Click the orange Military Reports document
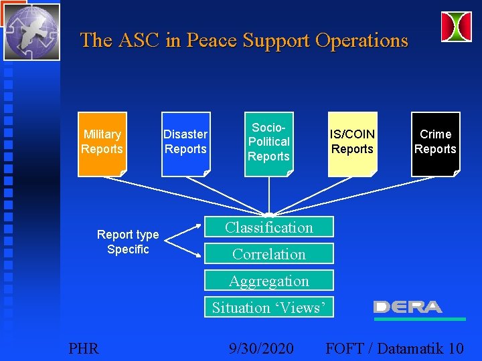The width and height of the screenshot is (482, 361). (102, 144)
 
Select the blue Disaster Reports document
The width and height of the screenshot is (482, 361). (185, 144)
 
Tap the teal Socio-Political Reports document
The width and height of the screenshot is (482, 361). (268, 144)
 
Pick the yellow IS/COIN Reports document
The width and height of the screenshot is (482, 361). (352, 144)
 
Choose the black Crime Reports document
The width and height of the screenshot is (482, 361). (435, 144)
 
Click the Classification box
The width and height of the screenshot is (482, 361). (268, 227)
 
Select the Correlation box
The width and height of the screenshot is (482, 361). (268, 254)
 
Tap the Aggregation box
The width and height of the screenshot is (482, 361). (268, 281)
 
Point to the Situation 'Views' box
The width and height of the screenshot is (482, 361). (268, 308)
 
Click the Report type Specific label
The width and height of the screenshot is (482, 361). (128, 242)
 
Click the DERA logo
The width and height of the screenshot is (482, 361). (408, 307)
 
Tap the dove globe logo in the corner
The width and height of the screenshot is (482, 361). (31, 31)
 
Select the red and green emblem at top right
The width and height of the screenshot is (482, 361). (456, 27)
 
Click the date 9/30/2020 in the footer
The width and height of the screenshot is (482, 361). (260, 348)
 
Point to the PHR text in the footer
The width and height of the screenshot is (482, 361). (84, 348)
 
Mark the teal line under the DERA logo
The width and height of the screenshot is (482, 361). (420, 320)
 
